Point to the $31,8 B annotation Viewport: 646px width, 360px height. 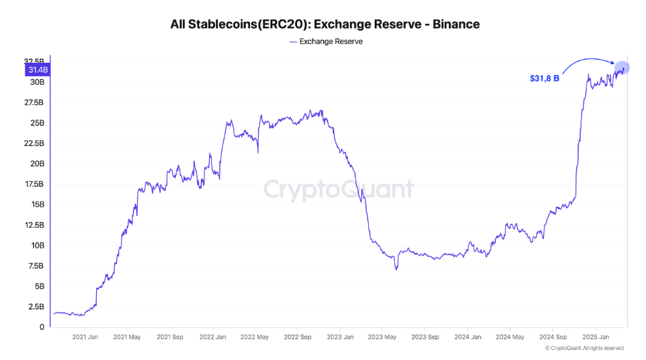[x=544, y=79]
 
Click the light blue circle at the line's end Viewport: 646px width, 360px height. [x=621, y=67]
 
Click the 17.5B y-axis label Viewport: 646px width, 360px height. [x=34, y=184]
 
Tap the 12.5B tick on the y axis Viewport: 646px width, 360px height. [x=34, y=225]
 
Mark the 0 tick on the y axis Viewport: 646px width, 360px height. [x=41, y=327]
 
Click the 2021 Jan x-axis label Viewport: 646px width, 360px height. [x=84, y=337]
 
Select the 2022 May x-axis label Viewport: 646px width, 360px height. [x=254, y=337]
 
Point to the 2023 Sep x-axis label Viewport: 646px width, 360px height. [x=425, y=337]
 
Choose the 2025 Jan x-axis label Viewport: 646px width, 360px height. [x=595, y=337]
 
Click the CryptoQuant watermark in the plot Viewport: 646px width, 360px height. [x=338, y=190]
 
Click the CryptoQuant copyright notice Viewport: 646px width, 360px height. [x=584, y=348]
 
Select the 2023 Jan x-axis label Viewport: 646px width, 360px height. [x=339, y=337]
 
